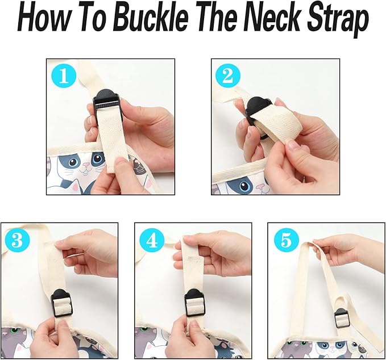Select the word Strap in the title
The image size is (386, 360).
(338, 21)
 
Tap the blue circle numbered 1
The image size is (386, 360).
(64, 77)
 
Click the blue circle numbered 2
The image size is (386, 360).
(228, 77)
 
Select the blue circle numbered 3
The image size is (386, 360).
(17, 241)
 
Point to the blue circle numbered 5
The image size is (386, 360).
(287, 241)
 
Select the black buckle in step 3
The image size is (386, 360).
(61, 303)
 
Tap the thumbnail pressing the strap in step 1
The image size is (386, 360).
(121, 162)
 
